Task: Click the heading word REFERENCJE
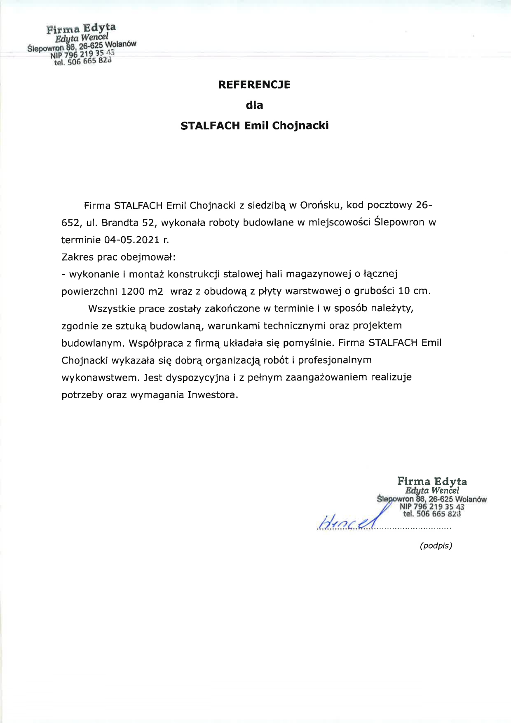[x=254, y=85]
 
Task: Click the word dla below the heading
[x=254, y=105]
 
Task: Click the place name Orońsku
[x=320, y=205]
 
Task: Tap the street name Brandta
[x=120, y=223]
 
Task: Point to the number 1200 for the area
[x=133, y=291]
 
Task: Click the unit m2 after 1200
[x=156, y=291]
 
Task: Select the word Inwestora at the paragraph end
[x=213, y=395]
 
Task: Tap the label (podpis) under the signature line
[x=436, y=546]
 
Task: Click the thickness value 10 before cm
[x=404, y=291]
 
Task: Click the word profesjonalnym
[x=335, y=360]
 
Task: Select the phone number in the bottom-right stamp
[x=432, y=514]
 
